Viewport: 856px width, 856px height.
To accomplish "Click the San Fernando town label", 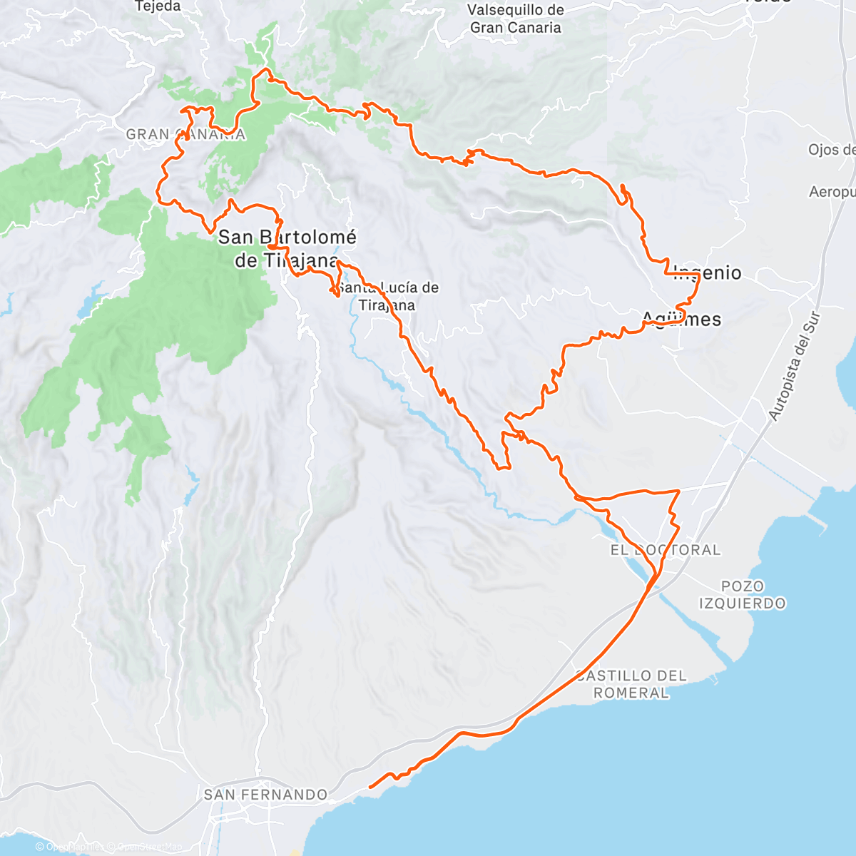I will coord(265,795).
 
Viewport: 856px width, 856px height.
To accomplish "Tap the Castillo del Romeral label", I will coord(631,684).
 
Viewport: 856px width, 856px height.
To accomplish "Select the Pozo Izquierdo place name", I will coord(742,595).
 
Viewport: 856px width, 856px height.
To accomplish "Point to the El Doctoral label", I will coord(666,550).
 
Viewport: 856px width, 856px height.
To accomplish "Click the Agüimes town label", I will coord(681,320).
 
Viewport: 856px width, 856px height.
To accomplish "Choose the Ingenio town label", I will coord(708,272).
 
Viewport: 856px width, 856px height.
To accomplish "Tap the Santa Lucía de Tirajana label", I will coord(387,296).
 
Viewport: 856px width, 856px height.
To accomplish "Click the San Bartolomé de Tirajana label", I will coord(287,248).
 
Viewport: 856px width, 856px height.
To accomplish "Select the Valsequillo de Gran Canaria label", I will coord(515,19).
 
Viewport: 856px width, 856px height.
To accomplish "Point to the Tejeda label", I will coord(158,6).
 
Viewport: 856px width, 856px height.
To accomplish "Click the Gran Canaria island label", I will coord(185,134).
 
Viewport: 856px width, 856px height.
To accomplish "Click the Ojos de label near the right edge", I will coord(832,150).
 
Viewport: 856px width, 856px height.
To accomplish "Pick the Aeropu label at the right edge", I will coord(832,192).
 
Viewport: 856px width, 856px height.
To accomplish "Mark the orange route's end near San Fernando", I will coord(370,787).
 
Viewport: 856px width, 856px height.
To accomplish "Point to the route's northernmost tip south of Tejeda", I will coord(266,69).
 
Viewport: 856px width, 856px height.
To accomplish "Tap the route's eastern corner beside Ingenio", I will coord(699,275).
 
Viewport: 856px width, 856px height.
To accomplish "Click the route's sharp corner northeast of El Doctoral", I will coord(678,491).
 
